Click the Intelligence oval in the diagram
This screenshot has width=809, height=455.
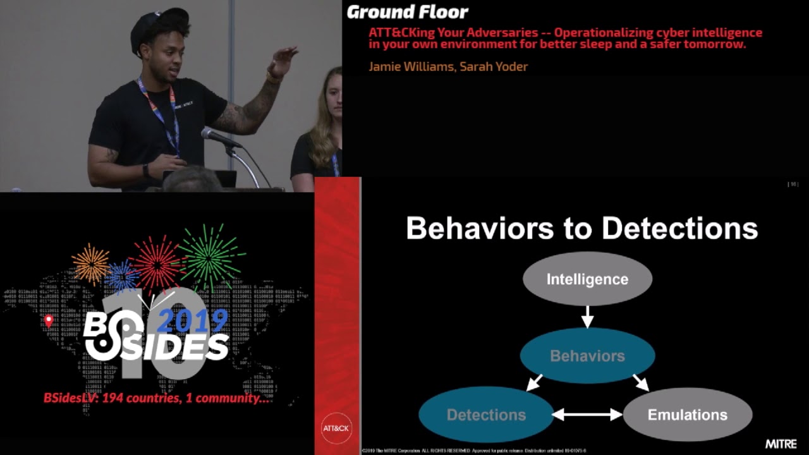587,279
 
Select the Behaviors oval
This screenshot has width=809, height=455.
587,356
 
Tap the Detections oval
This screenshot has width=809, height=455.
486,415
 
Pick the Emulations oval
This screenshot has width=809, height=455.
687,415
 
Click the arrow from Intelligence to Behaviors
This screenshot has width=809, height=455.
587,317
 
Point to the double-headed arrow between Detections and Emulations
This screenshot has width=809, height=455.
587,415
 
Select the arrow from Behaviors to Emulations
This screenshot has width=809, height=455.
641,382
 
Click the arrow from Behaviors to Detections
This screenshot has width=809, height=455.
535,382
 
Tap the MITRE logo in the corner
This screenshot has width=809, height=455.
781,444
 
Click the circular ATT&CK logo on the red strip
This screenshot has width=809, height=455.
336,428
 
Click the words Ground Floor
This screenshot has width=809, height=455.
408,12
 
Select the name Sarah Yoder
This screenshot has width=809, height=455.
494,66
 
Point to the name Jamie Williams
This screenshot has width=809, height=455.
411,66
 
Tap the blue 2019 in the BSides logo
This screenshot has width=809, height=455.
192,321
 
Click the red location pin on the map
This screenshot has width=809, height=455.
49,321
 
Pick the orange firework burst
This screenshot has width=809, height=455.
91,264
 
